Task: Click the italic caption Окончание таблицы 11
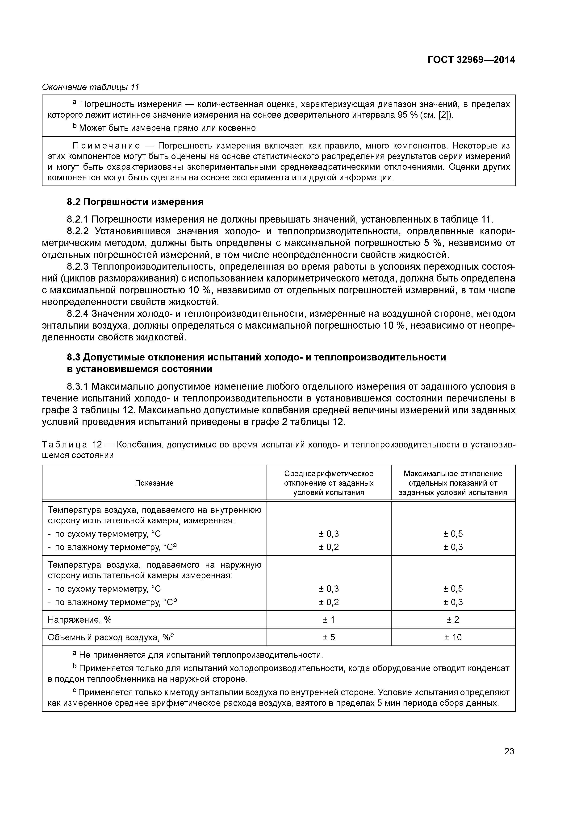click(x=91, y=87)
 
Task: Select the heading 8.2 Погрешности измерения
click(x=135, y=202)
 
